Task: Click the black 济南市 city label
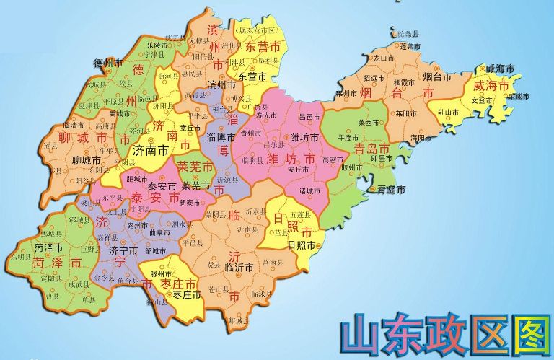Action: coord(151,152)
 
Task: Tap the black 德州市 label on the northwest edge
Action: coord(109,63)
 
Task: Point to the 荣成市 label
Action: coord(518,96)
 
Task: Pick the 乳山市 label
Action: coord(449,112)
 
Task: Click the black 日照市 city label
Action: coord(302,245)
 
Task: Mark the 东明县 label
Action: coord(22,257)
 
